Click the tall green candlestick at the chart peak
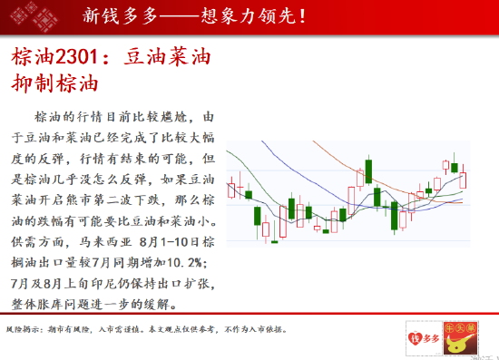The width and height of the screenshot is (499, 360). (369, 172)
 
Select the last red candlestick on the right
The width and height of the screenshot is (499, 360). (465, 179)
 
